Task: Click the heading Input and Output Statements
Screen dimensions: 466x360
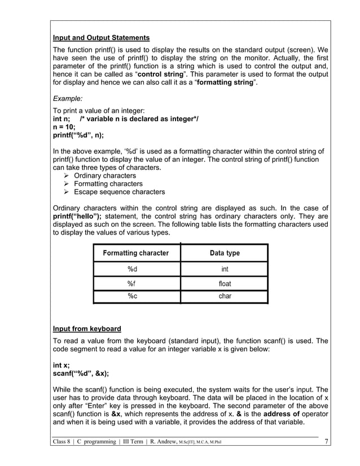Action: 101,38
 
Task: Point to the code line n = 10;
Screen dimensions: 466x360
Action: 64,127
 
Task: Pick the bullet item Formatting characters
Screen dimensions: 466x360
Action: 108,184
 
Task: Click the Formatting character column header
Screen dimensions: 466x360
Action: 135,253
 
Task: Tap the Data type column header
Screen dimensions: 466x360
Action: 225,253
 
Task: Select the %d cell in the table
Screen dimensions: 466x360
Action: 135,269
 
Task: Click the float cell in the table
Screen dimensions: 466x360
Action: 225,284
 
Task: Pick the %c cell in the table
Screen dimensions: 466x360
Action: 135,296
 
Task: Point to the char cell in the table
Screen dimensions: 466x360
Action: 225,296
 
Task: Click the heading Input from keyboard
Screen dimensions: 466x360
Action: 86,328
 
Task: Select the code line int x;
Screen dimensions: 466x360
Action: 61,365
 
